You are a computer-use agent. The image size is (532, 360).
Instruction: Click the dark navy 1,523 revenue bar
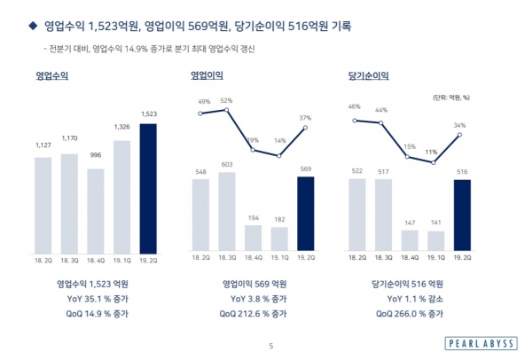pos(148,186)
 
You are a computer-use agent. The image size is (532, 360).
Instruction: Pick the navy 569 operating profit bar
pos(306,213)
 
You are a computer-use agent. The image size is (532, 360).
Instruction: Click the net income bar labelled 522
pos(357,214)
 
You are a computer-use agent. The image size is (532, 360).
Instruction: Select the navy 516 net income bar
pos(462,214)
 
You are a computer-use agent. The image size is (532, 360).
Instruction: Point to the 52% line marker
pos(227,109)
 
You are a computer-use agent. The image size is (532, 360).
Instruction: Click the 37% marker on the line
pos(306,127)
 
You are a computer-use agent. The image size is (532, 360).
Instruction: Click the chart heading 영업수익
pos(52,76)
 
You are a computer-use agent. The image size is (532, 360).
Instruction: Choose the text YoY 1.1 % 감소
pos(408,299)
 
